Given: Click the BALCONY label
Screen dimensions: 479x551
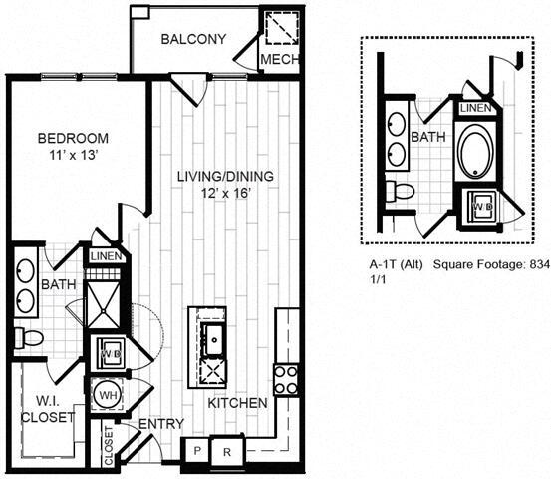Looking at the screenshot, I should click(x=193, y=40).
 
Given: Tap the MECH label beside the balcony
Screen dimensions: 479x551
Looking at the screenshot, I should click(x=274, y=61).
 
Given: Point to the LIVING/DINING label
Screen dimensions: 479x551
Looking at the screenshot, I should click(x=225, y=177).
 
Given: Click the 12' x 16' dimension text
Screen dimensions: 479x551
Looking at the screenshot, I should click(x=225, y=194).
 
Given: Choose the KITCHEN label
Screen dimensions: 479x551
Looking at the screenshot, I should click(x=237, y=403).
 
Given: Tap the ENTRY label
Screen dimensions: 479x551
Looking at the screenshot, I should click(x=160, y=424).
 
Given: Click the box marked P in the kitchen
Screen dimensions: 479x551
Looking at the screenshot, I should click(x=197, y=450).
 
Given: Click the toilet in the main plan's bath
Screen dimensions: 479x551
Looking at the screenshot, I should click(x=31, y=338).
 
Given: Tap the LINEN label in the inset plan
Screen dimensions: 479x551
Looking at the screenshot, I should click(x=475, y=107).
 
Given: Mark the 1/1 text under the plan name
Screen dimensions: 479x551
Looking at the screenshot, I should click(x=376, y=281).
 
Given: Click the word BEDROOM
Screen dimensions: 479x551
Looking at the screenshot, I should click(x=67, y=139).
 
